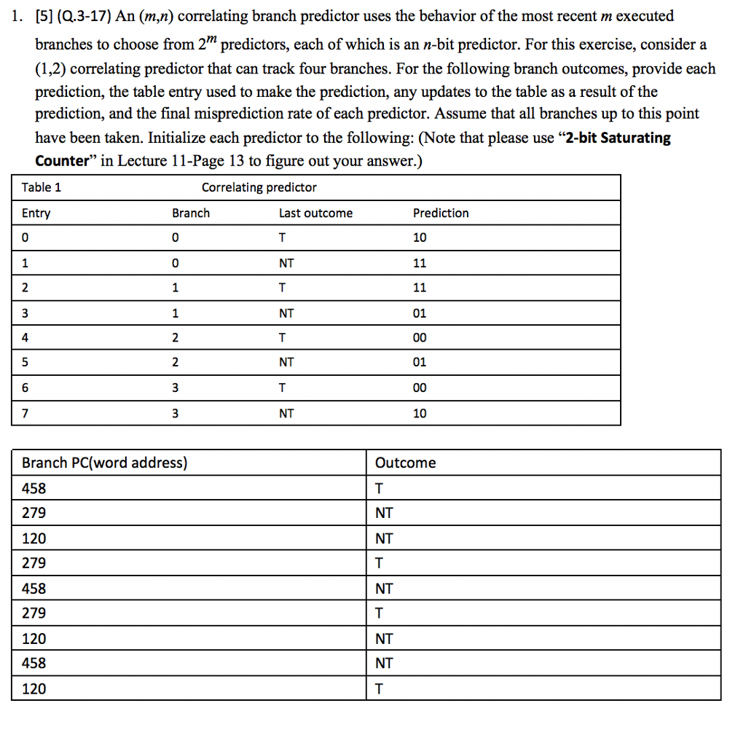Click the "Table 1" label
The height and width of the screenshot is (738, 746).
click(x=42, y=187)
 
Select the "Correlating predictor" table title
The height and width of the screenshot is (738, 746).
click(x=259, y=187)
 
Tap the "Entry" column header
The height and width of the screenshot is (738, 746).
click(x=36, y=213)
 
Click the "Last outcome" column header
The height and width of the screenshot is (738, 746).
click(x=315, y=213)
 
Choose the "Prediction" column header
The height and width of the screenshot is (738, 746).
click(x=441, y=213)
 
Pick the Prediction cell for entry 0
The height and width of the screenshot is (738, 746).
click(x=420, y=238)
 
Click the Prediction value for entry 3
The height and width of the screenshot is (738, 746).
click(x=420, y=313)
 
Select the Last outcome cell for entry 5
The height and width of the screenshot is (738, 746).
click(x=286, y=363)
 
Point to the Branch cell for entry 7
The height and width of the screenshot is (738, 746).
click(x=175, y=413)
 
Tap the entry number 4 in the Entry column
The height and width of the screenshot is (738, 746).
click(x=26, y=338)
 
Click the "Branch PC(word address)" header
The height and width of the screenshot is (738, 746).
click(x=104, y=463)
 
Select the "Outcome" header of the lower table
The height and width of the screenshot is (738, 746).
click(x=405, y=463)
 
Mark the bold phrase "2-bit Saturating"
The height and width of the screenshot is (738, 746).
click(x=614, y=138)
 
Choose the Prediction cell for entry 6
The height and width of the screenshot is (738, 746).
click(x=420, y=388)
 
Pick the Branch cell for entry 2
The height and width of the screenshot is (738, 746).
click(x=175, y=288)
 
